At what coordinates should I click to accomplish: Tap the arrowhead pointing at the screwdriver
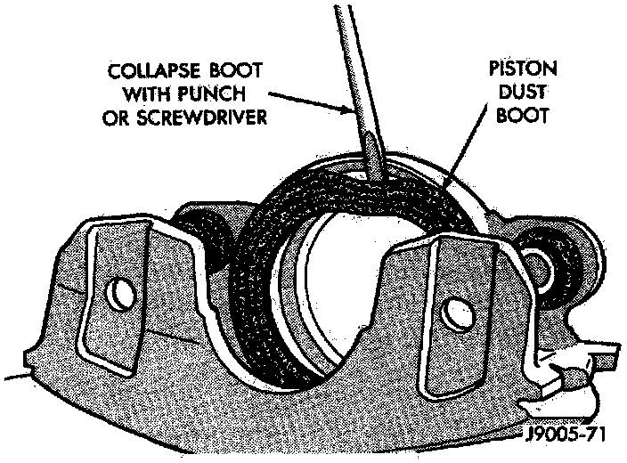[x=349, y=109]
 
